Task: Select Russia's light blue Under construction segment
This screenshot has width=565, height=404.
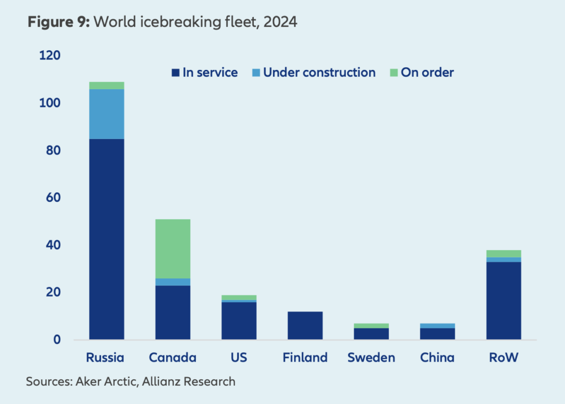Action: [x=106, y=114]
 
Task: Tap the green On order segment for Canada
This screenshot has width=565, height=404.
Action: [x=173, y=249]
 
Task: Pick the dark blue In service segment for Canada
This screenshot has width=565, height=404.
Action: [x=173, y=312]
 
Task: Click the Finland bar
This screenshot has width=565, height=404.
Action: [x=305, y=325]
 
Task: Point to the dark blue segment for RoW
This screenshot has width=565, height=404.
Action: [x=503, y=300]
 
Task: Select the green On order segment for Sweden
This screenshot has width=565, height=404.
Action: [x=371, y=326]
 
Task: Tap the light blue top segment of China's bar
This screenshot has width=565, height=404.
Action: [x=437, y=326]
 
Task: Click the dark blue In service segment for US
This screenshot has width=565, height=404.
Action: [x=239, y=320]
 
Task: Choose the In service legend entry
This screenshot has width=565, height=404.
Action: [x=205, y=72]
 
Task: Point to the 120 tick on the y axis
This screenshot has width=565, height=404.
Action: [x=50, y=56]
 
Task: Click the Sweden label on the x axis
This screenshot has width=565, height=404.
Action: [x=371, y=358]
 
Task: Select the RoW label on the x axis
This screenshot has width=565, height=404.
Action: [x=503, y=358]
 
